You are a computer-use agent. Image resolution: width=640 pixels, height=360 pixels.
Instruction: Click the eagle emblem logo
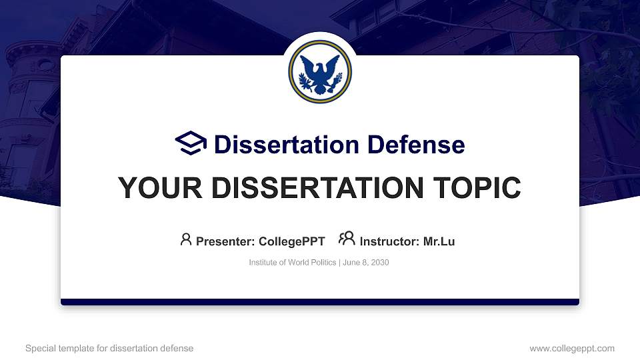(x=320, y=71)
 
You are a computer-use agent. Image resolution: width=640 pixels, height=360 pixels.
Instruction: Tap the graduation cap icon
(x=191, y=143)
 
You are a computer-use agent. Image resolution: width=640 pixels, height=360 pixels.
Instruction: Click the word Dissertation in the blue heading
(x=287, y=145)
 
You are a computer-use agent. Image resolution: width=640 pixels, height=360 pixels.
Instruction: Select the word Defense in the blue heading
(x=416, y=145)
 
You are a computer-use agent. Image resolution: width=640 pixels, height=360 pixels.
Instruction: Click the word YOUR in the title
(x=160, y=188)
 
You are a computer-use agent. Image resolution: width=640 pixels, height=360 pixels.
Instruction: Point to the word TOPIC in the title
(x=477, y=188)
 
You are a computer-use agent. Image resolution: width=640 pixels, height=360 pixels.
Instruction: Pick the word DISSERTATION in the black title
(x=317, y=188)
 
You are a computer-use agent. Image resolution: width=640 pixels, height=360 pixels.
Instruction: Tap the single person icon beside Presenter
(x=186, y=239)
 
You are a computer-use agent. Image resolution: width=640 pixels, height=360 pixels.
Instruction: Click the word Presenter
(x=225, y=241)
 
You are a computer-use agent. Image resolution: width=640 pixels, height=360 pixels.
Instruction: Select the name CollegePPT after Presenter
(x=292, y=241)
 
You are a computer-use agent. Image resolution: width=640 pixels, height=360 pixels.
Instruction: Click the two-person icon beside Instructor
(x=347, y=239)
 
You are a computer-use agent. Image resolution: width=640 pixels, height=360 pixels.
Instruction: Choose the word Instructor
(x=389, y=241)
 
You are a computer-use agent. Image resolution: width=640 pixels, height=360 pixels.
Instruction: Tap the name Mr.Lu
(x=439, y=241)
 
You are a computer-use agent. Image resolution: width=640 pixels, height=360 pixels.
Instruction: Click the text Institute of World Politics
(x=293, y=263)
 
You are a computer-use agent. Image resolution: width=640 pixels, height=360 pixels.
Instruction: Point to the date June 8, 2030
(x=366, y=263)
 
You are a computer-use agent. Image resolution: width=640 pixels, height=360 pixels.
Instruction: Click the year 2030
(x=380, y=263)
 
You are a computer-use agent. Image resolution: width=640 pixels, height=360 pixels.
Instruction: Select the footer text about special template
(x=109, y=348)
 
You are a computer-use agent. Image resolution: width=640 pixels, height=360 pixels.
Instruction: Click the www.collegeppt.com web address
(x=572, y=348)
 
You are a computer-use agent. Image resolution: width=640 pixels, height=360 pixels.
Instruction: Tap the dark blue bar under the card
(x=320, y=302)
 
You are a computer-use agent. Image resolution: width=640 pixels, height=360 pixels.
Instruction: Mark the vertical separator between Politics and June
(x=339, y=263)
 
